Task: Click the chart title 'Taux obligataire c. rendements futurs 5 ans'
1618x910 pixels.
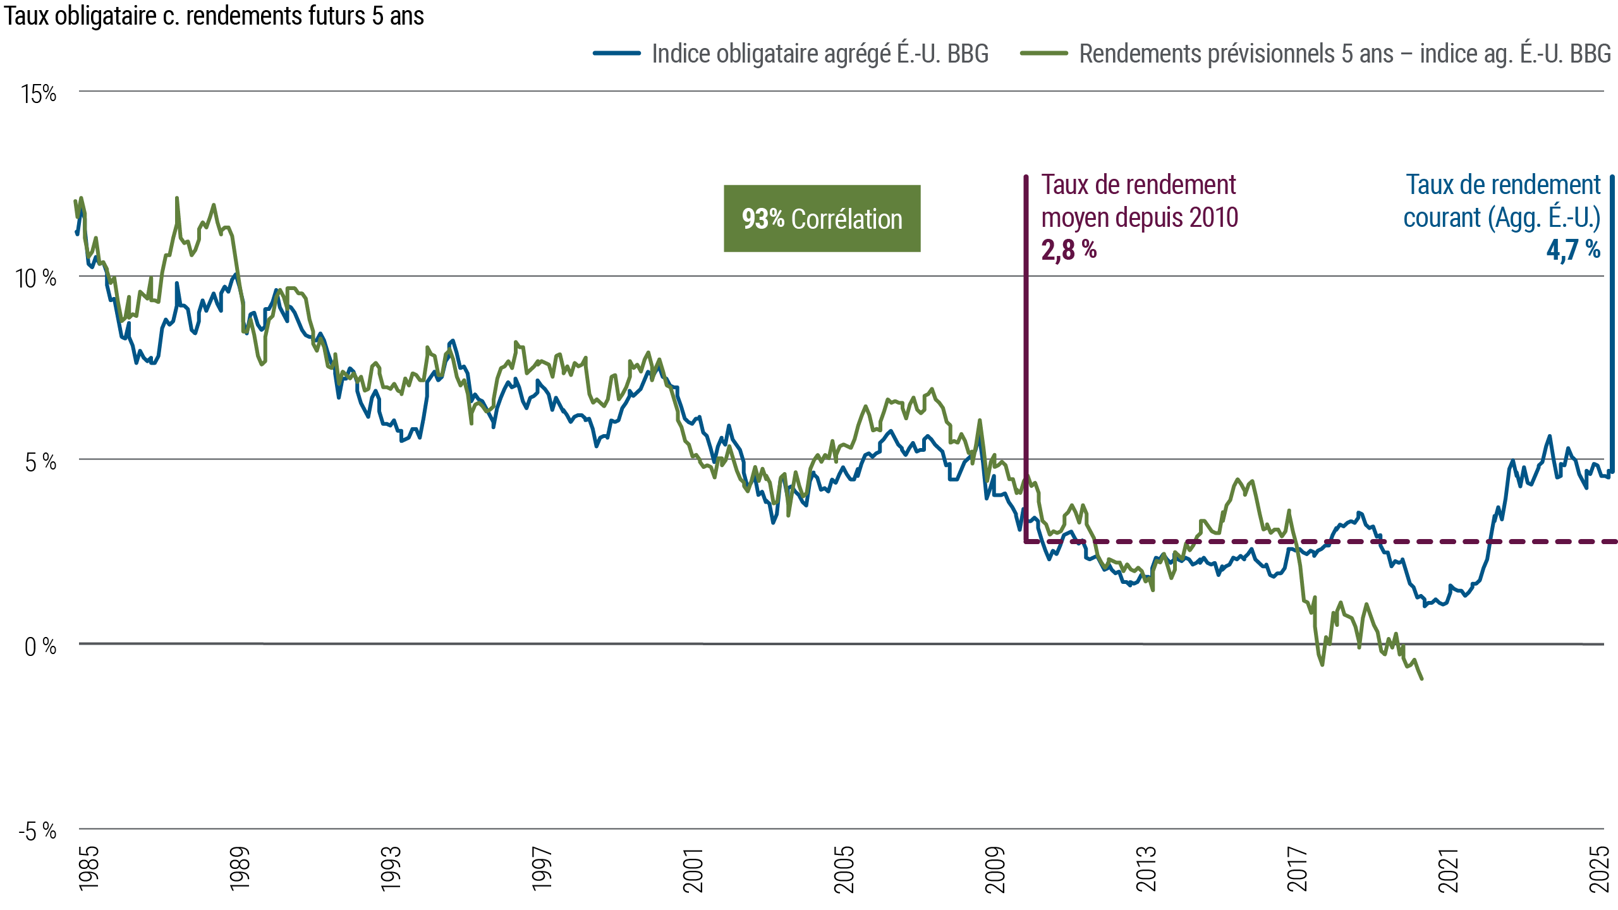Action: click(x=214, y=16)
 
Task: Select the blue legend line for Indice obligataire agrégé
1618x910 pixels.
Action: click(x=617, y=54)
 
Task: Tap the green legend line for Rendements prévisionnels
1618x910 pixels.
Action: click(x=1043, y=54)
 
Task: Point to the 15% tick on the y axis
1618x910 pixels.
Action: click(x=39, y=94)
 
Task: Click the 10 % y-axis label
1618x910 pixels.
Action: click(x=36, y=278)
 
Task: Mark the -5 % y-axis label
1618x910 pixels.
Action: click(x=38, y=831)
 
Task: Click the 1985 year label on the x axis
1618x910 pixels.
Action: click(x=89, y=868)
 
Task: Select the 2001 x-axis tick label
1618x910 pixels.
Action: click(x=693, y=870)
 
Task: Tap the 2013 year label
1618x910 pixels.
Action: click(x=1146, y=869)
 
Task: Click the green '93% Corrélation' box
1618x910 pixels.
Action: click(x=822, y=219)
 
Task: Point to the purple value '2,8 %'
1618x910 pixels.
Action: click(x=1069, y=250)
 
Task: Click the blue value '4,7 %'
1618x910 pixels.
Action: click(x=1573, y=250)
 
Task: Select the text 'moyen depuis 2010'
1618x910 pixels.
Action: click(x=1140, y=217)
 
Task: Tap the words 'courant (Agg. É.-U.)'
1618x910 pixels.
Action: click(x=1502, y=217)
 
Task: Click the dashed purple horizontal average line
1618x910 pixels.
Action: click(x=1454, y=542)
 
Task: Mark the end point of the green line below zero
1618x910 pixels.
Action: click(x=1422, y=679)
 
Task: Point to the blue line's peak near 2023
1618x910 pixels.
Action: click(x=1549, y=436)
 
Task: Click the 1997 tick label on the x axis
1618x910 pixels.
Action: click(x=542, y=869)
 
